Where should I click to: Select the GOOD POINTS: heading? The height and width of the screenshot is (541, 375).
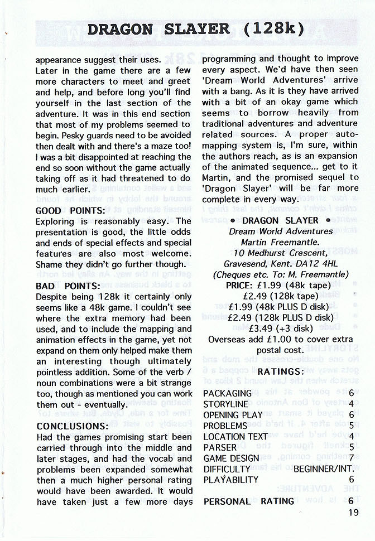(x=70, y=211)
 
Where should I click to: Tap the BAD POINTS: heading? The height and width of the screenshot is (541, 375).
(x=68, y=286)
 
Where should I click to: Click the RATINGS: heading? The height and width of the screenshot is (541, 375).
(x=280, y=371)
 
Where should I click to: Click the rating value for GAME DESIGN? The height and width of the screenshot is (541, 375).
(x=351, y=458)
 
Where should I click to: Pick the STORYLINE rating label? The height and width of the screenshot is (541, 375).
(x=225, y=404)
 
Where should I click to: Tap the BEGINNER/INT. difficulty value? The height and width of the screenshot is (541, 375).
(x=324, y=469)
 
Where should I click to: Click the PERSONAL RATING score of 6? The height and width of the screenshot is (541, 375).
(x=351, y=501)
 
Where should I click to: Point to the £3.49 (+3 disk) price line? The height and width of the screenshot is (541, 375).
(x=280, y=328)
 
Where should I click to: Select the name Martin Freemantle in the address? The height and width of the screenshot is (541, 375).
(x=281, y=242)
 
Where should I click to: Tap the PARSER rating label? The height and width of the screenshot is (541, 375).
(x=220, y=447)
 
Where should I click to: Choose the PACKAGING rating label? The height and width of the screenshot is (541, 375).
(x=227, y=393)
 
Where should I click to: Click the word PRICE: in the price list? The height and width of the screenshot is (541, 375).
(x=239, y=285)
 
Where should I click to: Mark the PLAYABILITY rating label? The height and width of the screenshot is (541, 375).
(x=231, y=480)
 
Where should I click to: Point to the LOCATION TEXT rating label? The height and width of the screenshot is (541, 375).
(x=235, y=437)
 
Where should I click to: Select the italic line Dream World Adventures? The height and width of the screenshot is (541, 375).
(x=281, y=231)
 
